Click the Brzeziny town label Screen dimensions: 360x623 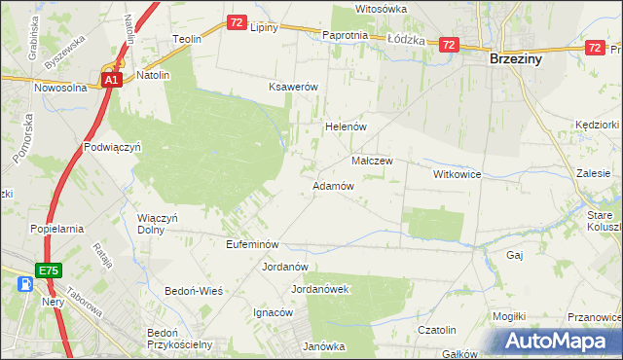[x=516, y=58]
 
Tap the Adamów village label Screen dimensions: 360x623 [x=332, y=185]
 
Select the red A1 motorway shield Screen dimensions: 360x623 [x=112, y=81]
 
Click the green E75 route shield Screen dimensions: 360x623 [x=51, y=269]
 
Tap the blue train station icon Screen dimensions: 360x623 [x=26, y=283]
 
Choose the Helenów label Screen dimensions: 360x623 [x=344, y=126]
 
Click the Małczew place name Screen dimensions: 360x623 [x=371, y=161]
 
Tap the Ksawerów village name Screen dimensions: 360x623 [x=294, y=87]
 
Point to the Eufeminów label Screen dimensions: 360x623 [x=252, y=244]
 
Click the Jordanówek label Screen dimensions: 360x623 [x=320, y=289]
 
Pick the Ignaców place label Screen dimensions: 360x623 [x=273, y=312]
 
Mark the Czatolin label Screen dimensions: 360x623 [x=437, y=330]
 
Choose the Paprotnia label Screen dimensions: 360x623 [x=345, y=35]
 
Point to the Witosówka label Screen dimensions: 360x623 [x=381, y=8]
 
